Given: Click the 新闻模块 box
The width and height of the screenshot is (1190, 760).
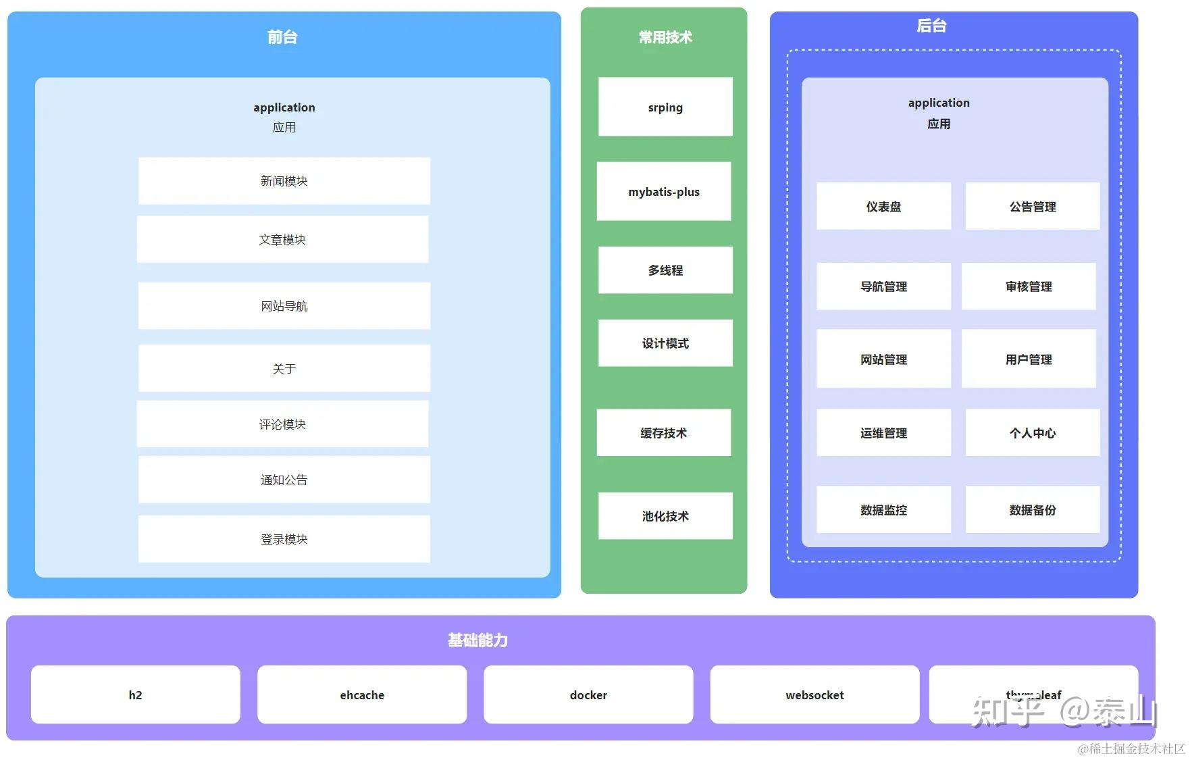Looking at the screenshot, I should click(x=284, y=181).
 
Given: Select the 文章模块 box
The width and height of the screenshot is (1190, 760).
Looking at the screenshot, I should click(x=282, y=240).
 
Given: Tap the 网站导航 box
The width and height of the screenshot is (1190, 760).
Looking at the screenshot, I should click(x=284, y=306).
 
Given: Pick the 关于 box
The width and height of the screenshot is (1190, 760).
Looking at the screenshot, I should click(x=284, y=369).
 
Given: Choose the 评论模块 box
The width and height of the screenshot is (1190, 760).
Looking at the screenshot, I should click(x=282, y=424).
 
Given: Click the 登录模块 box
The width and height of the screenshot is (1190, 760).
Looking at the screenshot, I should click(x=284, y=539).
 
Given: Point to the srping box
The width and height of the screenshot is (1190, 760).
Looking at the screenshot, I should click(x=665, y=107).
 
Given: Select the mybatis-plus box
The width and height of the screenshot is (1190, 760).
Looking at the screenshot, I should click(x=664, y=192).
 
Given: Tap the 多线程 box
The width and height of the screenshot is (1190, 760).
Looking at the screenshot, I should click(x=665, y=270).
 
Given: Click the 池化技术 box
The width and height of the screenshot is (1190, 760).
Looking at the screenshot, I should click(x=665, y=516).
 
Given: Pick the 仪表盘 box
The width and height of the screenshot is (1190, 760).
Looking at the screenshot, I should click(x=883, y=207).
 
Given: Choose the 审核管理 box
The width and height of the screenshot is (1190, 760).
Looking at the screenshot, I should click(x=1029, y=286).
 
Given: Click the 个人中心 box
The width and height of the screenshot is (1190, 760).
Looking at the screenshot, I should click(x=1033, y=433).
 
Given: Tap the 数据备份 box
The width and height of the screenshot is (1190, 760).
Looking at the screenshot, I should click(x=1033, y=510).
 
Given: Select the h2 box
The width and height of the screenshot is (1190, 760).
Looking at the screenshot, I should click(x=135, y=695).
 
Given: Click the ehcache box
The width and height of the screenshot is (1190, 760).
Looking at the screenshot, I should click(x=362, y=695).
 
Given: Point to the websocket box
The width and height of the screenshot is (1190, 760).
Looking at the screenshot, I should click(x=814, y=695).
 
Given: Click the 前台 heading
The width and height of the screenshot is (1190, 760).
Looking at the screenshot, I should click(x=282, y=37).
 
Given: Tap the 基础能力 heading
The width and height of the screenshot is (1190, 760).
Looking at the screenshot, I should click(x=477, y=640).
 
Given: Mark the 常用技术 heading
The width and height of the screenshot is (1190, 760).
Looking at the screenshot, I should click(x=665, y=38).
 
